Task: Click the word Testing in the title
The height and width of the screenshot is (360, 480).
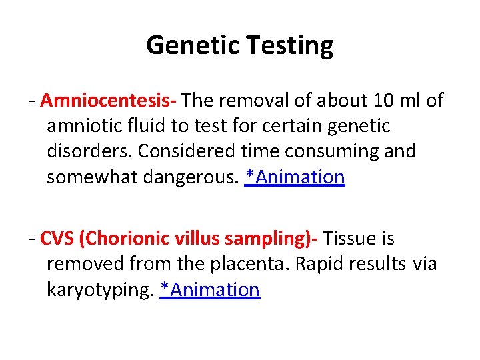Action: coord(291,46)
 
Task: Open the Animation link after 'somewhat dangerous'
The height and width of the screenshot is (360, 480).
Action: coord(295,177)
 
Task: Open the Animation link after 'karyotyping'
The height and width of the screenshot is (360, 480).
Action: coord(210,289)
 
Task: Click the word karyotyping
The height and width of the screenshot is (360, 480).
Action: coord(100,290)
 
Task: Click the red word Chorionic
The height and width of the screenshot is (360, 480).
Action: coord(127,238)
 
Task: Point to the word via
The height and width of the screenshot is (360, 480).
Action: coord(425,264)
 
